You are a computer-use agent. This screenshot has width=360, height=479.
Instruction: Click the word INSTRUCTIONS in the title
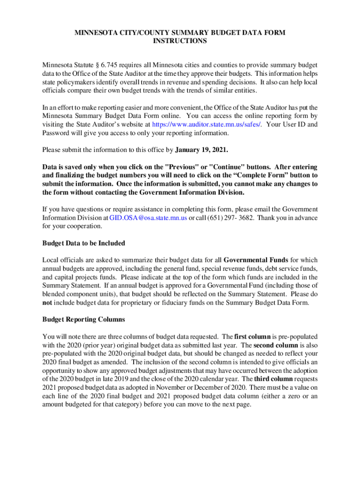180,41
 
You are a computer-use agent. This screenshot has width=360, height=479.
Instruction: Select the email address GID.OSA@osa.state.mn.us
148,218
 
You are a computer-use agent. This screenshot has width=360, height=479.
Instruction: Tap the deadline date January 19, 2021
202,150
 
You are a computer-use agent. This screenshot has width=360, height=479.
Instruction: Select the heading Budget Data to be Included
84,243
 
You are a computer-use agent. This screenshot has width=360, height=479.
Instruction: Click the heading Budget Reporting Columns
84,319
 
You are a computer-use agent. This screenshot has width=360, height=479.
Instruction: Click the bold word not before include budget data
47,303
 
